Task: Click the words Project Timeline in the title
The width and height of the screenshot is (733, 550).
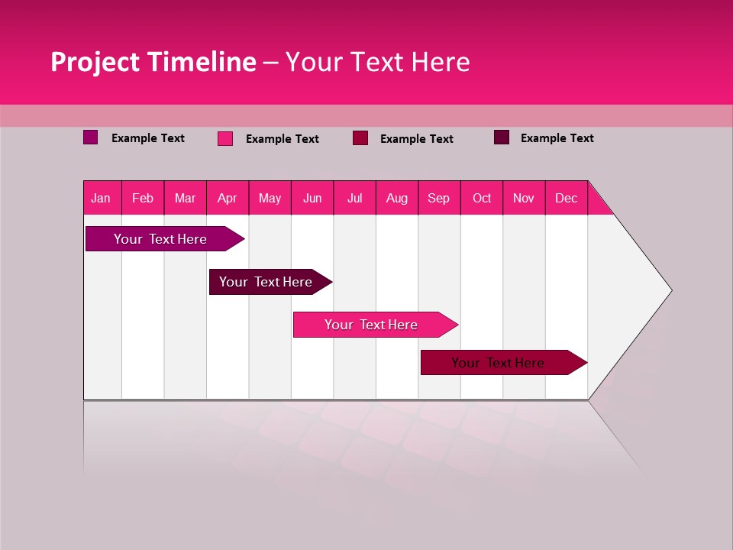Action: (153, 62)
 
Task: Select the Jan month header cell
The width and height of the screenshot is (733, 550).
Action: (101, 198)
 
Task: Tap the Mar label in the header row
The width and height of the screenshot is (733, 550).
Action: (185, 198)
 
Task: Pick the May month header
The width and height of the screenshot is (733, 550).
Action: (270, 198)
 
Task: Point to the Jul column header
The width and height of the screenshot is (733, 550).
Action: (354, 198)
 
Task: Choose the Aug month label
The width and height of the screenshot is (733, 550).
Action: (396, 198)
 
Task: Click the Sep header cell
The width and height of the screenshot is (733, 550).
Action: (438, 198)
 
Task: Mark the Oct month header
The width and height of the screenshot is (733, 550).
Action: (481, 198)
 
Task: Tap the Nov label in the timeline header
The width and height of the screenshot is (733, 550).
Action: (523, 198)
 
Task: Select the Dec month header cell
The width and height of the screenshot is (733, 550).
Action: (566, 198)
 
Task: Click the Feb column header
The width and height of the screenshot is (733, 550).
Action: (143, 198)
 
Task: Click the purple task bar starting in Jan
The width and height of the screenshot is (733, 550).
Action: (160, 239)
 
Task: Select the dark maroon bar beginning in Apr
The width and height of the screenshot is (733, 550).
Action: (266, 282)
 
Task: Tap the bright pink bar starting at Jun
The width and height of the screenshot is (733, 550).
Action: (371, 325)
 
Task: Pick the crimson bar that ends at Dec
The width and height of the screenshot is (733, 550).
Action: (498, 363)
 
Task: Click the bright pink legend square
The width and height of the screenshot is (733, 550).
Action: (225, 138)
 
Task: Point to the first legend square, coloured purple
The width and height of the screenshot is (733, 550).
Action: (90, 137)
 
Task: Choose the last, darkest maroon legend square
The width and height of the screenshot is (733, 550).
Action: (502, 137)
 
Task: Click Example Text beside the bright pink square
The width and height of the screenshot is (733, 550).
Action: (282, 139)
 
